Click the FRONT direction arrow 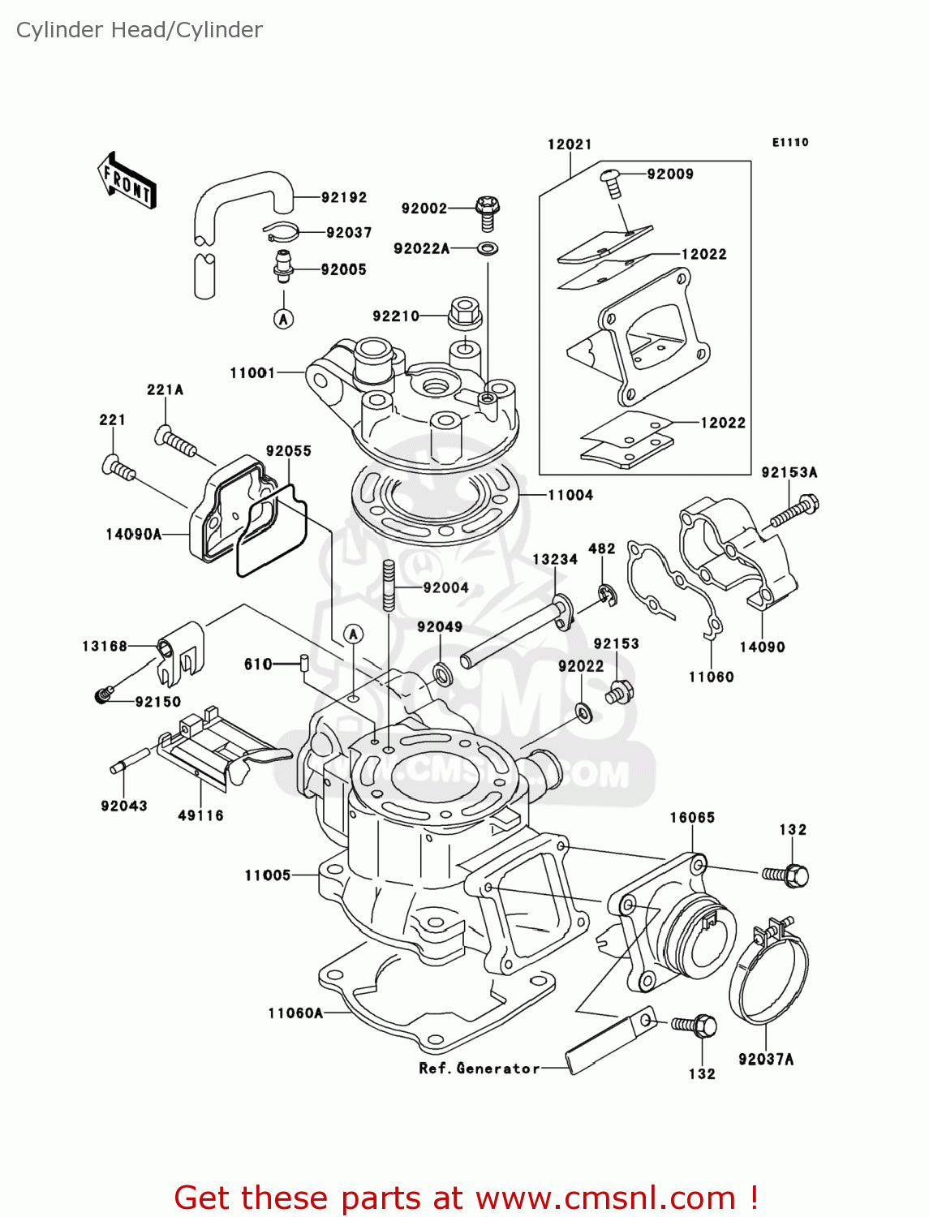(x=127, y=179)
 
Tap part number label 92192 (x=343, y=198)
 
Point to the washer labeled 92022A (x=488, y=248)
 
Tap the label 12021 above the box (x=570, y=144)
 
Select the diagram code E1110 (x=789, y=142)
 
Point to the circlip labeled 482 (x=608, y=596)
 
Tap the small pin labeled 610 (x=303, y=663)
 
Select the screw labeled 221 (x=119, y=468)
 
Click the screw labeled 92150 (x=103, y=695)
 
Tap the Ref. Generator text (x=479, y=1069)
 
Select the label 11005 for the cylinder (x=267, y=875)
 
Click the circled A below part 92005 (x=283, y=319)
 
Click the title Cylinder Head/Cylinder (x=140, y=30)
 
